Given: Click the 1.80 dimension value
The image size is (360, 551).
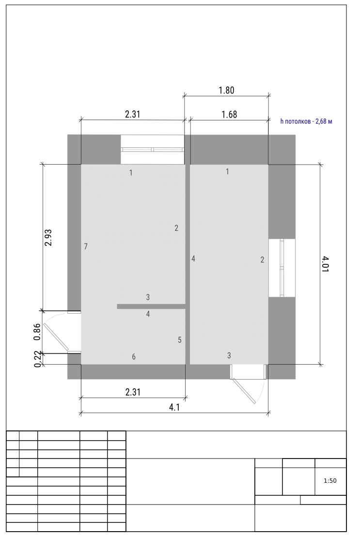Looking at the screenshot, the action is point(226,91).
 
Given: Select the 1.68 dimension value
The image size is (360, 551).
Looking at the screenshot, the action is point(229,115).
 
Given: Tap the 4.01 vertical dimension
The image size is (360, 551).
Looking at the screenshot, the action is point(325,264).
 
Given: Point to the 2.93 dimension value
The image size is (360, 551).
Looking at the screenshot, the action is point(48,238).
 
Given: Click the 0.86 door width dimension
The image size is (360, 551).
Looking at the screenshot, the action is point(37,332).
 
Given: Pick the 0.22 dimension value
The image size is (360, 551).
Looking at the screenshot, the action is point(38,359).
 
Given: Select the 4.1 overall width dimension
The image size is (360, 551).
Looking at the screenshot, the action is point(174,407).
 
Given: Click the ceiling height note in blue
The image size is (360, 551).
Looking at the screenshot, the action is point(306,121).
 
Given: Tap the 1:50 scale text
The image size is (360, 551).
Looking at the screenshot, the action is point(330,481).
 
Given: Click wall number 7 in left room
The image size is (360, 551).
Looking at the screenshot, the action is point(86,246).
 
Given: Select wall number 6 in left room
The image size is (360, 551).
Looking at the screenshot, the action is point(134,357).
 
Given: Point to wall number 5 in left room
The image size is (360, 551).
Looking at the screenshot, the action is point(180,340).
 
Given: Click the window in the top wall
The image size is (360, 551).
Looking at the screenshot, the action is point(153,149).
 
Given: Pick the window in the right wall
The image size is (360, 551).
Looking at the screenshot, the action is point(282,268).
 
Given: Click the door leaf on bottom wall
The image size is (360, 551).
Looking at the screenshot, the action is point(244,391).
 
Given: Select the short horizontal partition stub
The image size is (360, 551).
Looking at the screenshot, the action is point(151,306).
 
